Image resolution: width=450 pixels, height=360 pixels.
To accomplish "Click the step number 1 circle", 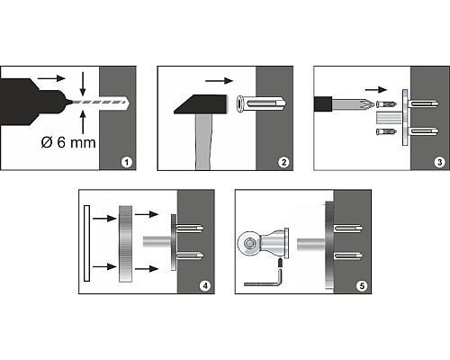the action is click(x=127, y=162).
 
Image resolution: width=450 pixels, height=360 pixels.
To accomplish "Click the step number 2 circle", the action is click(x=283, y=162).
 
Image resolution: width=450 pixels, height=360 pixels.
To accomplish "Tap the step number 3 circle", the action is click(x=440, y=162).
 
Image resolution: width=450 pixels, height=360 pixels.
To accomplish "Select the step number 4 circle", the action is click(x=205, y=285).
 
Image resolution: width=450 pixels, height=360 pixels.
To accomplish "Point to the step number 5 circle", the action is click(x=362, y=285).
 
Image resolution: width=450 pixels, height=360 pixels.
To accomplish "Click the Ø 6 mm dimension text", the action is click(x=68, y=142).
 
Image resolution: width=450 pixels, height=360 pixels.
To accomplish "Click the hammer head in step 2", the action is click(x=201, y=104).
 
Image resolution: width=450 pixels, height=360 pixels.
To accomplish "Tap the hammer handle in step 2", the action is click(x=204, y=142).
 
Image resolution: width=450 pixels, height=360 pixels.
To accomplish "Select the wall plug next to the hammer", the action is click(x=261, y=103).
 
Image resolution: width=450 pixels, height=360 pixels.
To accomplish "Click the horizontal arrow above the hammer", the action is click(x=219, y=81).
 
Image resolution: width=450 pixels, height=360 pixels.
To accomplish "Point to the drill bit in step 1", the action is click(x=100, y=102).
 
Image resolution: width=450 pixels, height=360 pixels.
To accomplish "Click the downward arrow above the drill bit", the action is click(x=83, y=83).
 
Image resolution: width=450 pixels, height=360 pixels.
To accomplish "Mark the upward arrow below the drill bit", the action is click(x=83, y=122).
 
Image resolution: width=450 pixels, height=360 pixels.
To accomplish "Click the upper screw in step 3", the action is click(x=386, y=104).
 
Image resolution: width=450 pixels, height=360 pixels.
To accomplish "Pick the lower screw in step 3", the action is click(x=386, y=131).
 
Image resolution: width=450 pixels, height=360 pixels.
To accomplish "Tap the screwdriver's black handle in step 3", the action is click(x=323, y=104).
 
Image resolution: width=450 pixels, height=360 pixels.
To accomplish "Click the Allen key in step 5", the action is click(x=263, y=280).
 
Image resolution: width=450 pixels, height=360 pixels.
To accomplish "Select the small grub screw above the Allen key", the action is click(x=280, y=264).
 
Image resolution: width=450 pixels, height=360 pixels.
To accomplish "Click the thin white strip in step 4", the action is click(x=87, y=243).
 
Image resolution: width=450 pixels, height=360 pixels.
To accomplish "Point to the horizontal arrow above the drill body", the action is click(x=51, y=78).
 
